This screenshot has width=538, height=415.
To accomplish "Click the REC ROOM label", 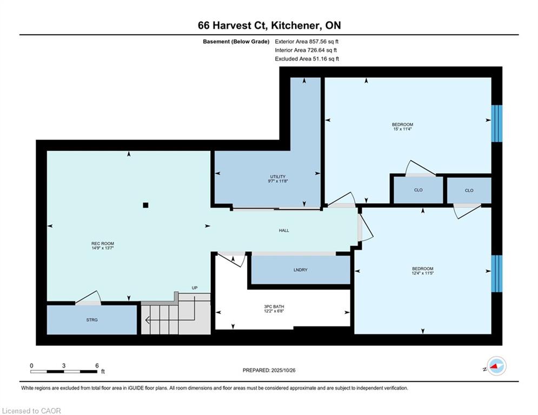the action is pyautogui.click(x=103, y=244).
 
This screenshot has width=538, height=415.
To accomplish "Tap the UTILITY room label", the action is pyautogui.click(x=278, y=177).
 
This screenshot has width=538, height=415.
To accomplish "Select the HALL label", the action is pyautogui.click(x=284, y=231).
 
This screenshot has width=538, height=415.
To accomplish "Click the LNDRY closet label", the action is pyautogui.click(x=301, y=270).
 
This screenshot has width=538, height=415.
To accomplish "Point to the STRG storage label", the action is pyautogui.click(x=92, y=320).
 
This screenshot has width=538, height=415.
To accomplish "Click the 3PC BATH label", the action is pyautogui.click(x=274, y=306).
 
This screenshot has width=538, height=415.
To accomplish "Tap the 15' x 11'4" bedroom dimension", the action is pyautogui.click(x=402, y=129).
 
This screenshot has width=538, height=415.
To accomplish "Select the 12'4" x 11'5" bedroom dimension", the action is pyautogui.click(x=423, y=273).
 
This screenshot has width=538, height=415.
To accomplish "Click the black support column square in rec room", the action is pyautogui.click(x=146, y=205).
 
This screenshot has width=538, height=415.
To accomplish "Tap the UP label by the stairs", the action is pyautogui.click(x=195, y=288).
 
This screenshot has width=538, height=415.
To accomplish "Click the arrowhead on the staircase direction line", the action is pyautogui.click(x=147, y=320).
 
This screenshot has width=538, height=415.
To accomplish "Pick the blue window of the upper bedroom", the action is pyautogui.click(x=497, y=123).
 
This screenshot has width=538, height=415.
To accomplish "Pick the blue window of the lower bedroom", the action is pyautogui.click(x=497, y=273).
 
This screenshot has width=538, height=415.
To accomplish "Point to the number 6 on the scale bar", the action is pyautogui.click(x=97, y=366).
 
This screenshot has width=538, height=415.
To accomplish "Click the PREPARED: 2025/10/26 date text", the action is pyautogui.click(x=269, y=370).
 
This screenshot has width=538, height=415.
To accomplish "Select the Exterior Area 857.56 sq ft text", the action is pyautogui.click(x=307, y=42).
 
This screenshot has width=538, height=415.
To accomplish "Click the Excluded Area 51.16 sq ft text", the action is pyautogui.click(x=307, y=59).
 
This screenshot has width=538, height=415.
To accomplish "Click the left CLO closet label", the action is pyautogui.click(x=419, y=190).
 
